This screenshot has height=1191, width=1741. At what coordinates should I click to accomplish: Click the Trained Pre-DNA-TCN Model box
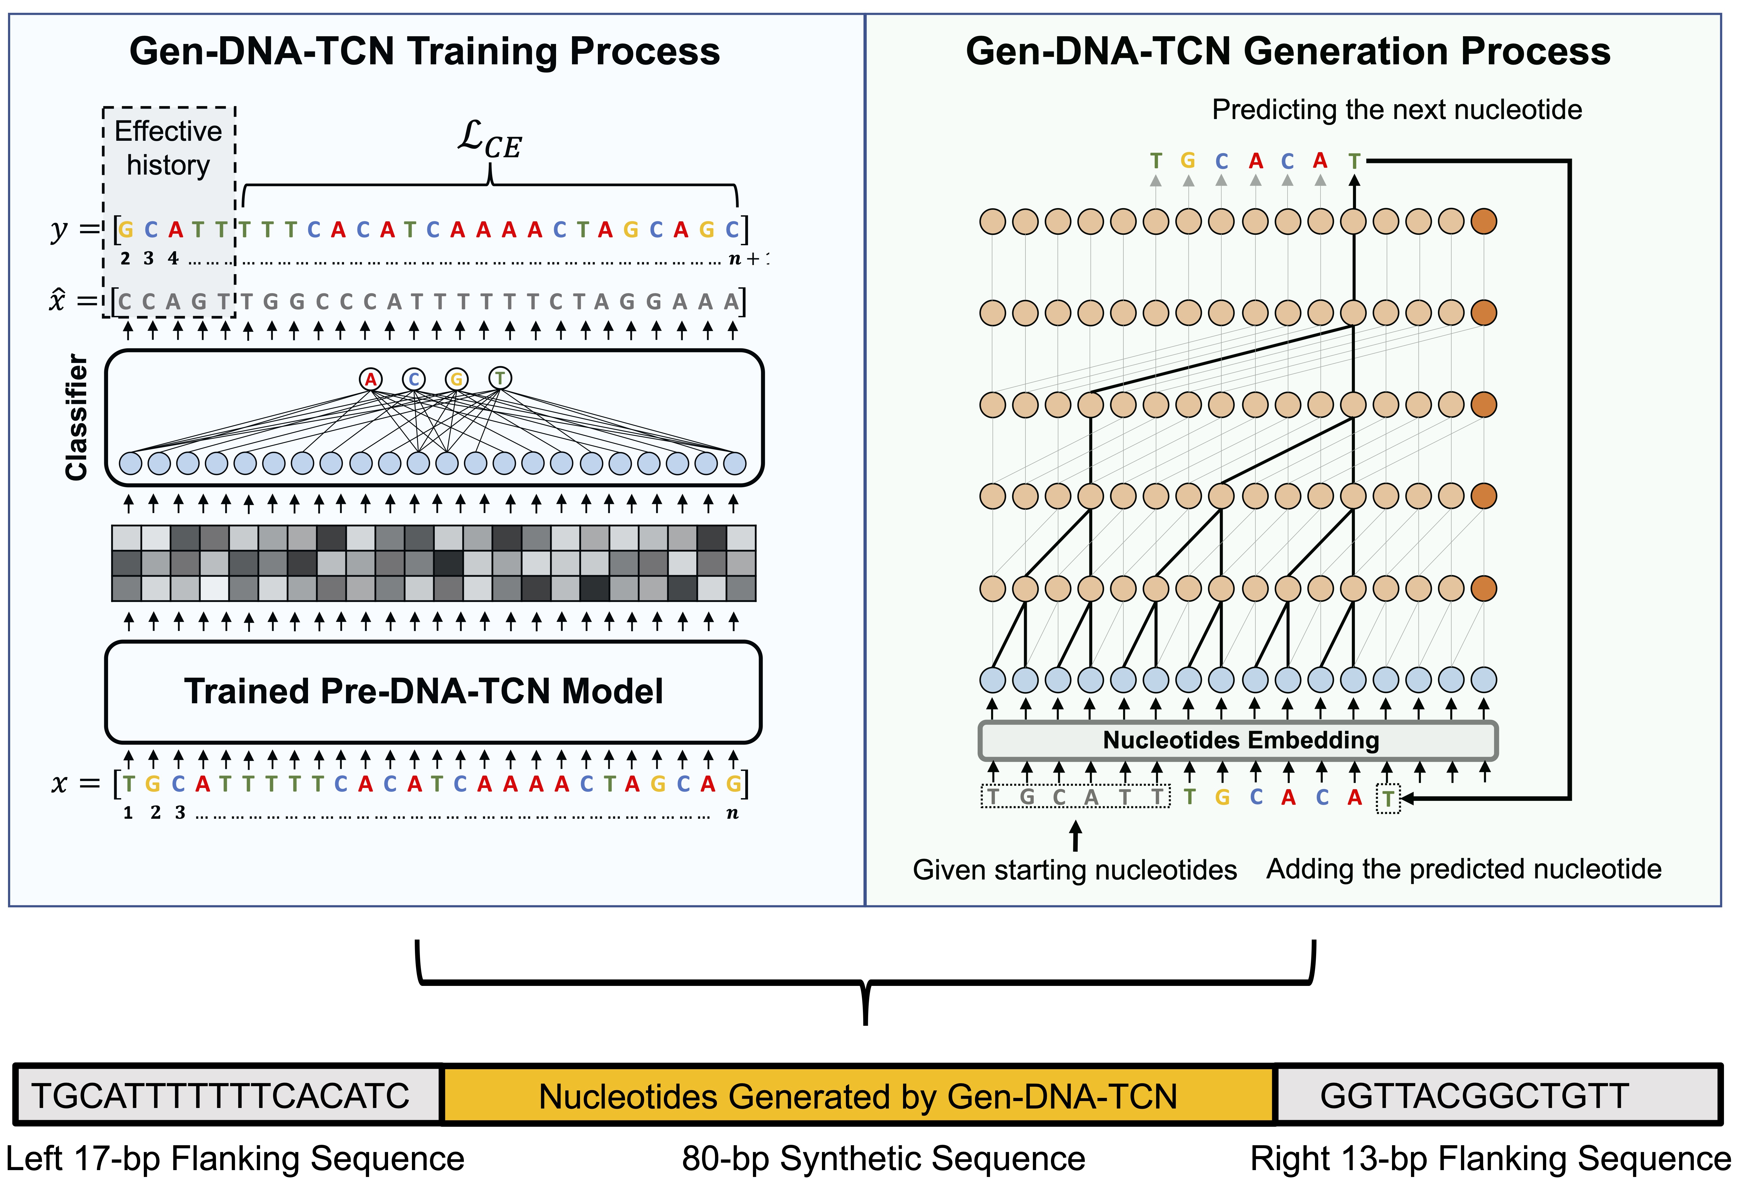tap(433, 691)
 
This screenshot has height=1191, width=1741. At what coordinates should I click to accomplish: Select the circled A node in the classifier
tap(370, 379)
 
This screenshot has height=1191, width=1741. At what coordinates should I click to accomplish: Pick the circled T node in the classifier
tap(500, 378)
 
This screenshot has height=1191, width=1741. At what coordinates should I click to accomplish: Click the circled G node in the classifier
tap(456, 379)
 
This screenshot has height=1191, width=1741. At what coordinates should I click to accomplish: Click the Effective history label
tap(169, 148)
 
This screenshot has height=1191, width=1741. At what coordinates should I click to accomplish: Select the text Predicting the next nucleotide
tap(1396, 110)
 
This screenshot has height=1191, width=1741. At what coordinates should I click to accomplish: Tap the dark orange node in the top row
tap(1483, 222)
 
